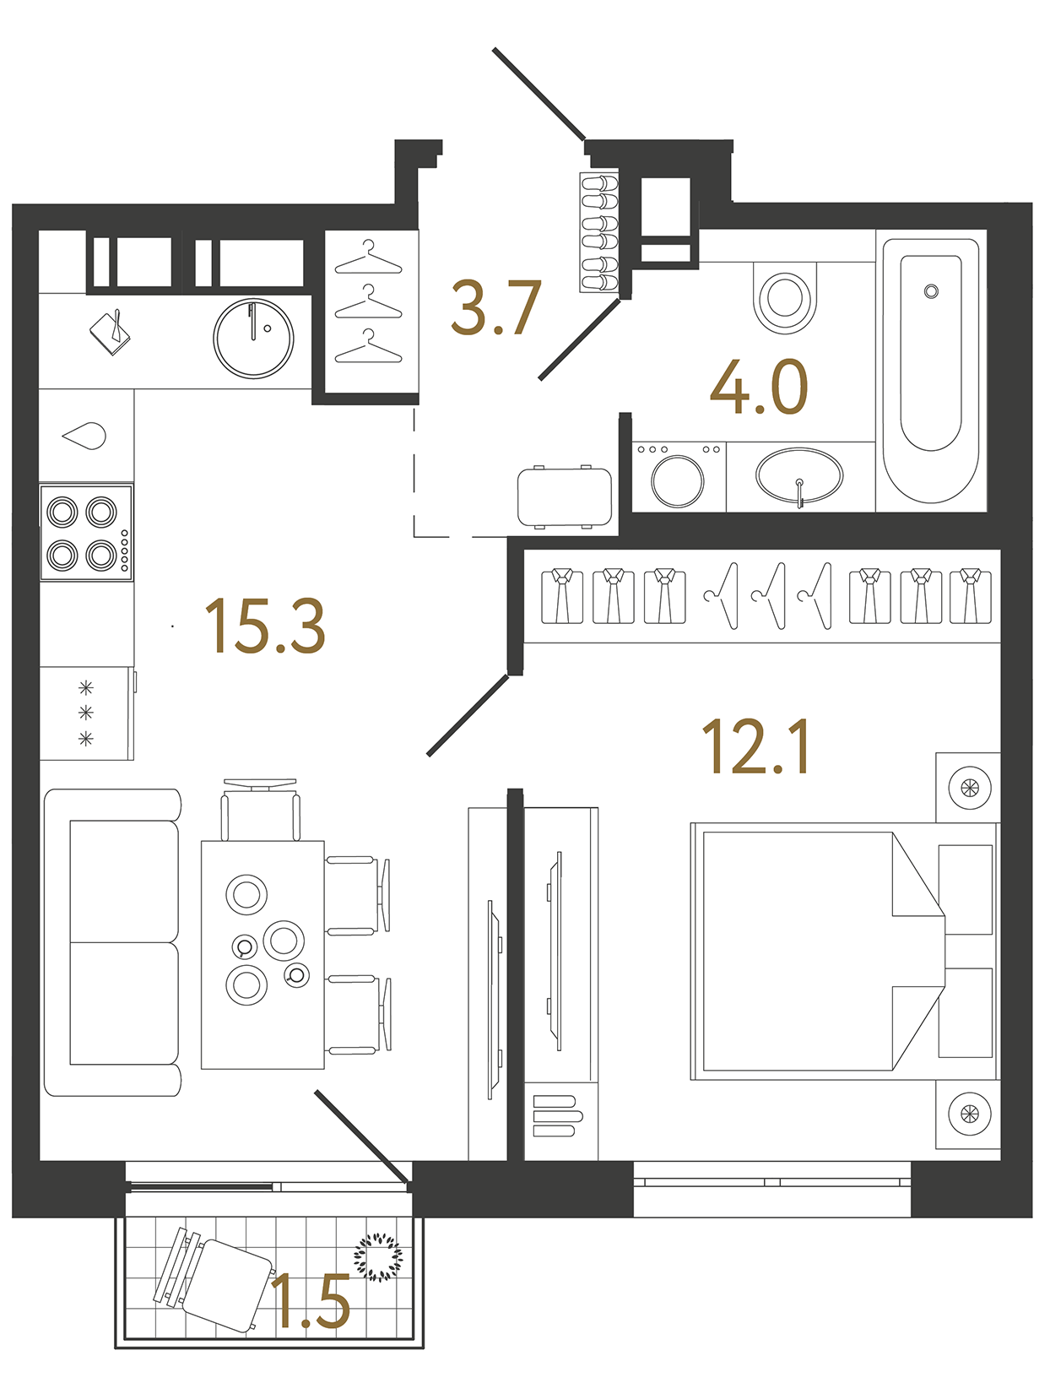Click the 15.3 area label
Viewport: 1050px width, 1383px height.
264,626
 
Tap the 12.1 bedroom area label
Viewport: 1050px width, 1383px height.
755,746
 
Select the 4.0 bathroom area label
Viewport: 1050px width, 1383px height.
759,388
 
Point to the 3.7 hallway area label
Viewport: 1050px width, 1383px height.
495,308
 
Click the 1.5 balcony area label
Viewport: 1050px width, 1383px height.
311,1302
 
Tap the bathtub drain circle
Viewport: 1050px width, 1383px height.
931,291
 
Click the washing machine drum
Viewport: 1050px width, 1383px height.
678,480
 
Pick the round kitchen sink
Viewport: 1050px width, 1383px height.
253,339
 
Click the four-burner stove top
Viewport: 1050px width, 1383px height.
86,532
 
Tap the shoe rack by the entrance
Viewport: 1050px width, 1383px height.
599,231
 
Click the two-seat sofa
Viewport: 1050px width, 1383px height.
112,942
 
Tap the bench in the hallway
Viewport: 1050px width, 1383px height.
565,496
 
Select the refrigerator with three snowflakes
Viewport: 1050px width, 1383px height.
86,713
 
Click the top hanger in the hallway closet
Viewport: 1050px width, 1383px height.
369,258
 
